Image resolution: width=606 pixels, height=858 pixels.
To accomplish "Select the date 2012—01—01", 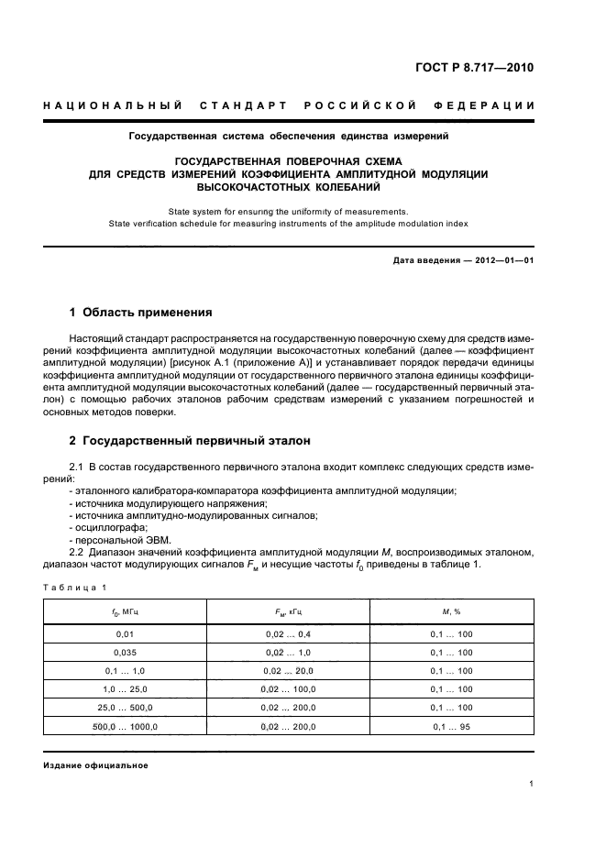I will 503,261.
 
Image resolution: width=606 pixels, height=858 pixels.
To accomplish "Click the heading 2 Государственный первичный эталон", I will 196,440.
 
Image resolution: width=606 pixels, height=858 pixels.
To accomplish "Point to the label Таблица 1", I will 75,587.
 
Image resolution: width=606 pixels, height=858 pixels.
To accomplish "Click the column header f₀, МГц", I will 125,610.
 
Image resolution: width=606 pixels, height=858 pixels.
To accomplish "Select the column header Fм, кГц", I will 289,610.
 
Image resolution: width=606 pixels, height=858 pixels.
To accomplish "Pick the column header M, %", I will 452,610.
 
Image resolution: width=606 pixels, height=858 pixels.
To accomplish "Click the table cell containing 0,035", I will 125,653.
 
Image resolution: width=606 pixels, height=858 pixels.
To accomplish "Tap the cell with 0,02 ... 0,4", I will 289,633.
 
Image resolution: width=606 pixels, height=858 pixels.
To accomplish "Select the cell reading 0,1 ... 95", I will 452,727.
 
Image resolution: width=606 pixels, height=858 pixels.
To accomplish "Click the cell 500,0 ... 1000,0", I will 125,727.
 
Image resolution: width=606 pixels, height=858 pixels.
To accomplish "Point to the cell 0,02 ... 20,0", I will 289,671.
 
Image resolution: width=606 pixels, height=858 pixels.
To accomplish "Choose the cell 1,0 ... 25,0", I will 125,689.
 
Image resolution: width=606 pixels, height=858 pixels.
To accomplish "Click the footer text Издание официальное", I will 96,764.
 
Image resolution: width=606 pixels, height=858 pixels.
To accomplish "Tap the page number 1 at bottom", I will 532,784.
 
